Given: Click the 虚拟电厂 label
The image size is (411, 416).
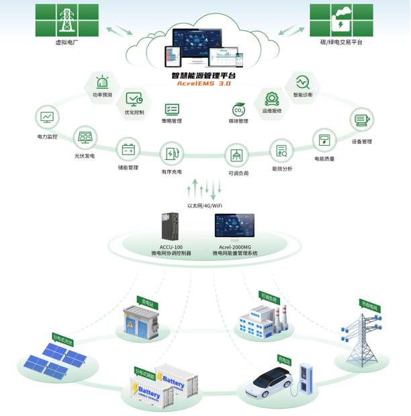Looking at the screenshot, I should click(68, 42).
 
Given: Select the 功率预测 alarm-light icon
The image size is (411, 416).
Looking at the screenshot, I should click(102, 83).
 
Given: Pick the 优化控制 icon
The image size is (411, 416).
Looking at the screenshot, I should click(134, 99).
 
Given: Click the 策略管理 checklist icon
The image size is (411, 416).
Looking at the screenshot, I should click(172, 109).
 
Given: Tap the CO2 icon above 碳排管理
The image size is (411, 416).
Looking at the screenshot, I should click(238, 110).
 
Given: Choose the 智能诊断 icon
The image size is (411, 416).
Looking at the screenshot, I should click(302, 82).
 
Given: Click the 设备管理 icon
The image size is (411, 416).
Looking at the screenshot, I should click(362, 122).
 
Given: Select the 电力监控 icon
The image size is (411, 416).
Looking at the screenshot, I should click(47, 118).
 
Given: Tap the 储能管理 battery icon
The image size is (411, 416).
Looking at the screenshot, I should click(128, 149).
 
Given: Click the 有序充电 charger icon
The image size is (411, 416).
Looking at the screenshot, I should click(172, 154).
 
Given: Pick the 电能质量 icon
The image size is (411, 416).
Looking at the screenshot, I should click(324, 140).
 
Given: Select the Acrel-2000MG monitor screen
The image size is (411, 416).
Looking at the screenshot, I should click(234, 228).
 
